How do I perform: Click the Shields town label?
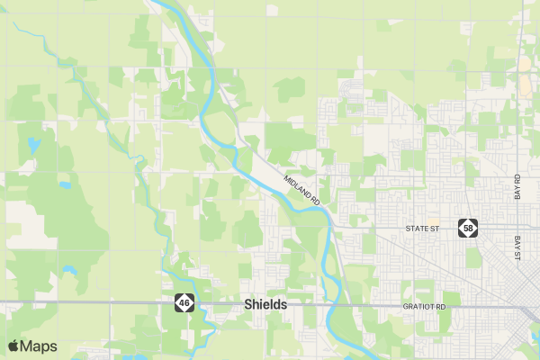(x=265, y=305)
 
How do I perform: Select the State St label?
(x=421, y=229)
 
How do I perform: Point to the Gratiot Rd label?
(x=425, y=307)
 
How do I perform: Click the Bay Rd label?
(x=517, y=187)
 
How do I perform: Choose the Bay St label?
(x=518, y=249)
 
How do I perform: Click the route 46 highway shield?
(x=184, y=303)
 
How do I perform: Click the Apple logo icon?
(x=13, y=346)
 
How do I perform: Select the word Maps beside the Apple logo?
(x=39, y=346)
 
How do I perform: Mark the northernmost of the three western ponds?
(x=33, y=144)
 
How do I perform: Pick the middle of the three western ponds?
(x=65, y=185)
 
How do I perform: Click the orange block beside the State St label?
(x=434, y=221)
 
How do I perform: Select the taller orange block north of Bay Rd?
(x=525, y=86)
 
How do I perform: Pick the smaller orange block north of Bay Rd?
(x=524, y=66)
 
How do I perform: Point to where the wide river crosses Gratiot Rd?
(x=333, y=306)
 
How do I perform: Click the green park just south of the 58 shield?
(x=472, y=256)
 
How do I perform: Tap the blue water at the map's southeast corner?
(x=535, y=337)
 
